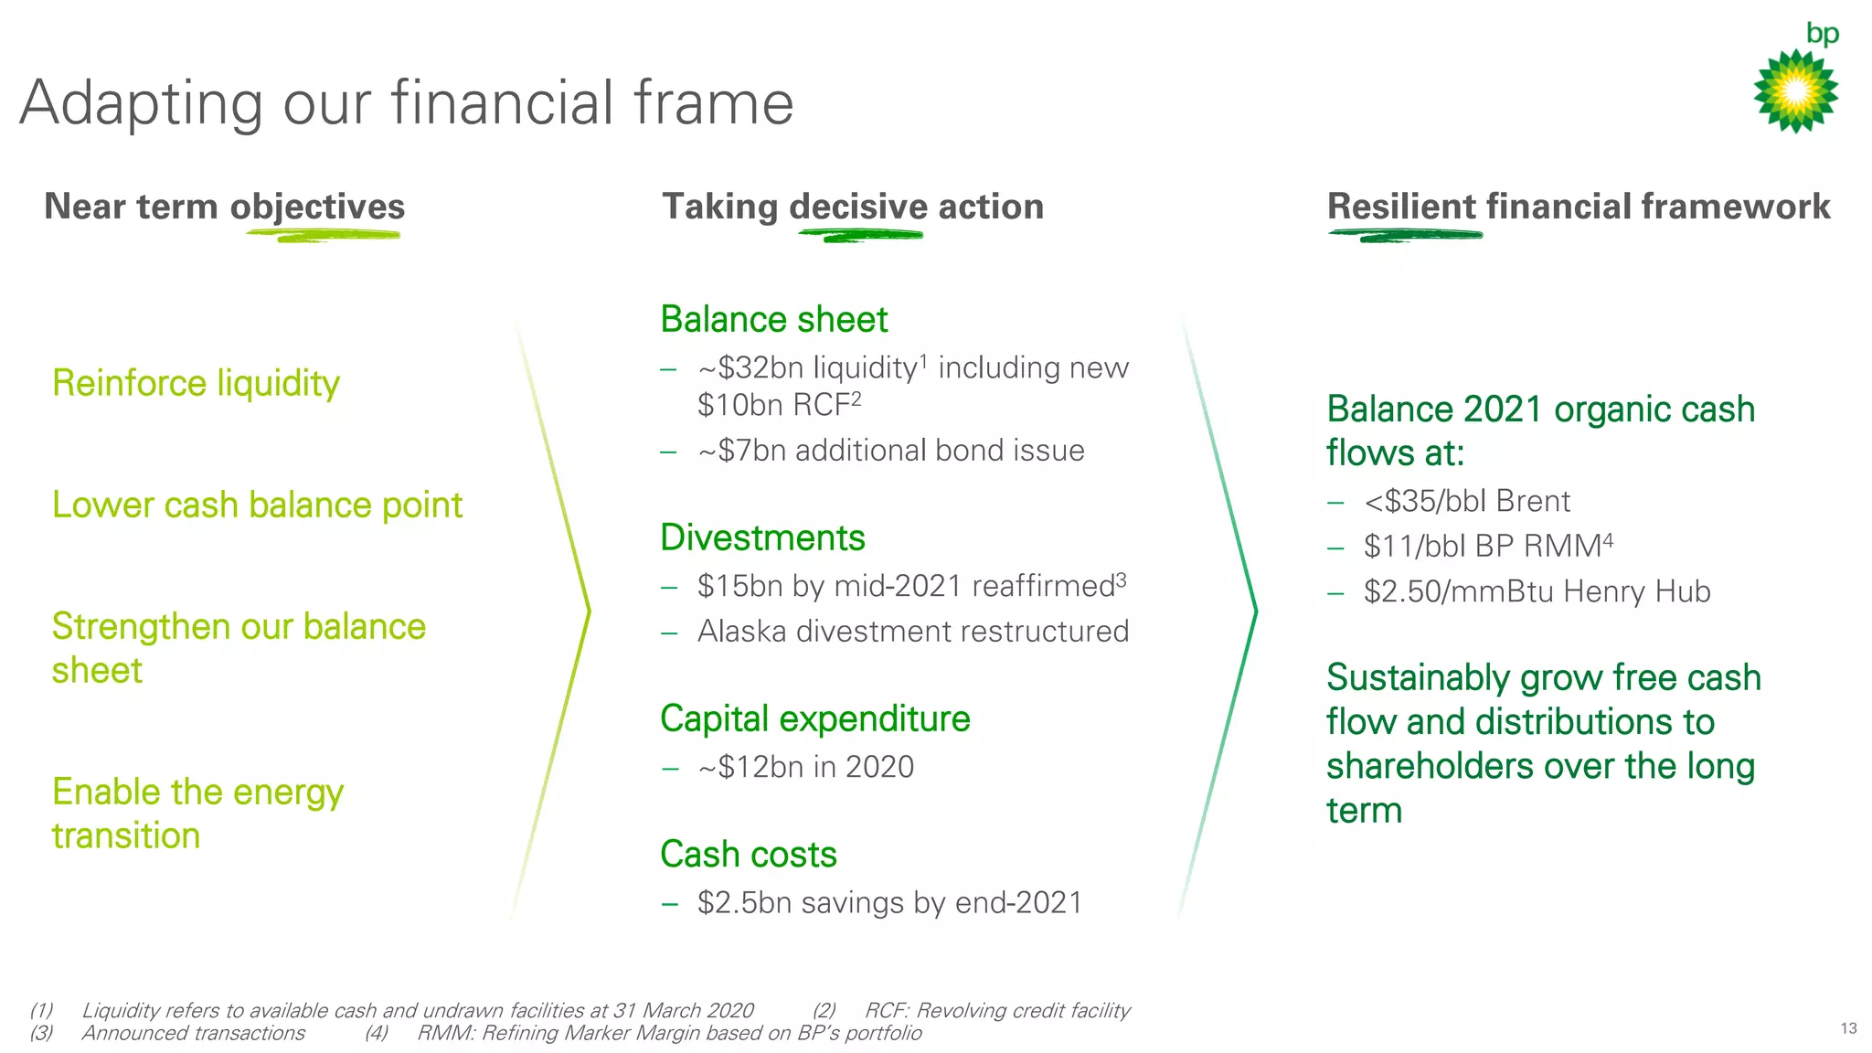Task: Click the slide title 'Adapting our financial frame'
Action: click(407, 102)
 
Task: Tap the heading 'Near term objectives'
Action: click(224, 207)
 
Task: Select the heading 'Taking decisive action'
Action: click(852, 207)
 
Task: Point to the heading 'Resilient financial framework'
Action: click(1579, 207)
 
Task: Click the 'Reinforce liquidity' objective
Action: click(196, 383)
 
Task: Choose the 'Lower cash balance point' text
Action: click(257, 505)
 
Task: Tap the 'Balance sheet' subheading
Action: click(773, 320)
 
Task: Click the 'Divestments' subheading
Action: click(762, 537)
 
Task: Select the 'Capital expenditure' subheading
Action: click(814, 718)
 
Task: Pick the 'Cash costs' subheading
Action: click(748, 855)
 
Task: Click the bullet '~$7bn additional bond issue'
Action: click(890, 451)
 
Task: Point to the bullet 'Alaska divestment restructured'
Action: click(912, 632)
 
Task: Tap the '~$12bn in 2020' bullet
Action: click(805, 767)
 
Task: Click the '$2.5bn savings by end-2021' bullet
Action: click(888, 903)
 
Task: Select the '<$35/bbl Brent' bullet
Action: click(1466, 501)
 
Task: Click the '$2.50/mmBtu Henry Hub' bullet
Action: click(1537, 591)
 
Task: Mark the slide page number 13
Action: click(1848, 1028)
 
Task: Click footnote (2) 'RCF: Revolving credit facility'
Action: click(996, 1010)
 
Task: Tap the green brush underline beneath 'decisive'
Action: click(860, 236)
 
